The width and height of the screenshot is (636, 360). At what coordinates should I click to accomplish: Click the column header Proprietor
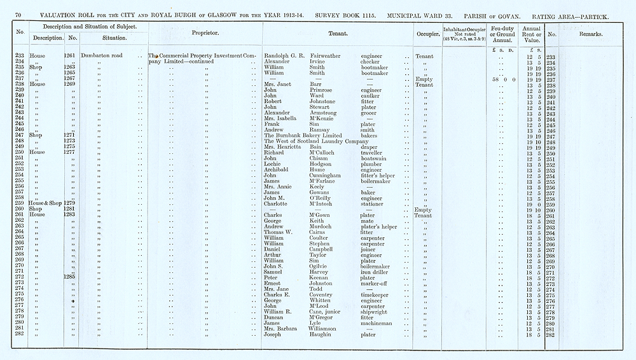point(205,32)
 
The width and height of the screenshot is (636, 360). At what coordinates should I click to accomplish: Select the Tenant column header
point(338,32)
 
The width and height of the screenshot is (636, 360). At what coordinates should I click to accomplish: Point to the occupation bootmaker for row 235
point(374,67)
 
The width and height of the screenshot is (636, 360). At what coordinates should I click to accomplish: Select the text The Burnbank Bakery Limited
point(303,136)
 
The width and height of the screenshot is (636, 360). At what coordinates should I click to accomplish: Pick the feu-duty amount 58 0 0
point(504,79)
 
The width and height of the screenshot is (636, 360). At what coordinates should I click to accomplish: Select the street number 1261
point(69,56)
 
